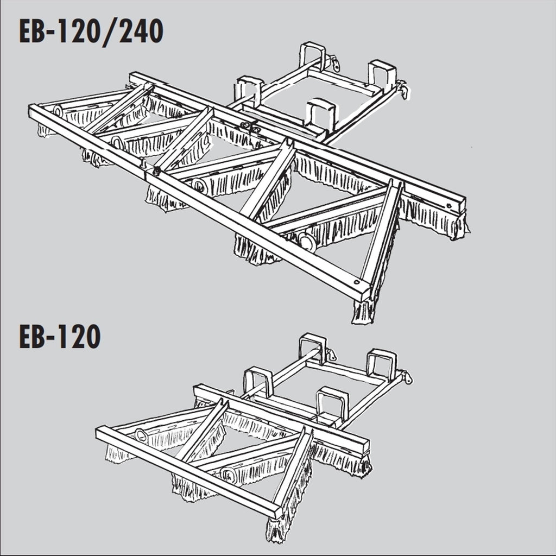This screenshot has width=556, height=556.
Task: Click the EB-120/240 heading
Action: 91,32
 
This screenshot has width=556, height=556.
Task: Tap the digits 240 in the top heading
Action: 141,31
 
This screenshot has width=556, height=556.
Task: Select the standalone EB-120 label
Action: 60,337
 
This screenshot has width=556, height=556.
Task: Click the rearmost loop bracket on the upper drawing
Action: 313,56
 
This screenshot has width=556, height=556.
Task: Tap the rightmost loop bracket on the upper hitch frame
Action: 382,74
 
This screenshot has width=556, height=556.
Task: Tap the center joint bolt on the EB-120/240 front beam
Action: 156,171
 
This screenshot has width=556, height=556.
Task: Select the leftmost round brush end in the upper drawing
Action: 58,111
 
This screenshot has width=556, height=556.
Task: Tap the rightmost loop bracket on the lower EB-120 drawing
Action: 381,364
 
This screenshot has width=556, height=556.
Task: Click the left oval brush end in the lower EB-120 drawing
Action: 142,435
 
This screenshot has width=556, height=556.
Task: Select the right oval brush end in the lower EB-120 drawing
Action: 229,475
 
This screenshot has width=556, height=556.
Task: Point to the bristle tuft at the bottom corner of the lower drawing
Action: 276,529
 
